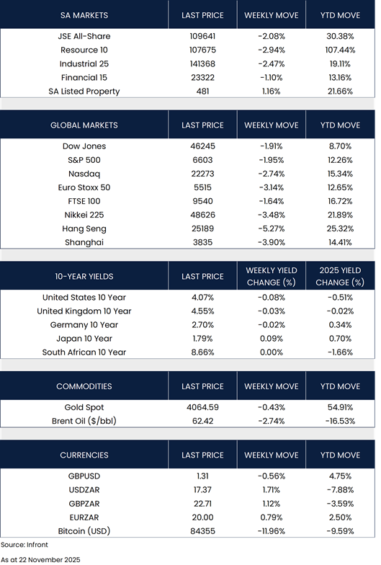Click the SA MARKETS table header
(x=84, y=15)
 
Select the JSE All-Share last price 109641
(x=202, y=36)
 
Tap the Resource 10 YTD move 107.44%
(x=340, y=50)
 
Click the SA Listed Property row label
(x=84, y=92)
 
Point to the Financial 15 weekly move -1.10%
(x=271, y=78)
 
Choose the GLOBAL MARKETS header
(x=84, y=125)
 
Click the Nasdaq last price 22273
(x=202, y=174)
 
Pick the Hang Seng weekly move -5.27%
(x=271, y=228)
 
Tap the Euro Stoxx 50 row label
(x=84, y=187)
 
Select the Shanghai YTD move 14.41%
(x=340, y=242)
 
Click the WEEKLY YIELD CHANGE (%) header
(x=271, y=277)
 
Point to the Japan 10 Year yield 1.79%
(x=202, y=339)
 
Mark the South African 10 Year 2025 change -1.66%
(x=340, y=352)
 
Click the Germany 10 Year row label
(x=84, y=324)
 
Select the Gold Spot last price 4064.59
(x=202, y=407)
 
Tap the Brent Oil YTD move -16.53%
(x=340, y=421)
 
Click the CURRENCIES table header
(x=84, y=455)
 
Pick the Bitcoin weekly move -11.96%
(x=271, y=530)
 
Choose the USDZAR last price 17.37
(x=202, y=490)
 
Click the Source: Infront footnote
(x=24, y=545)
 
